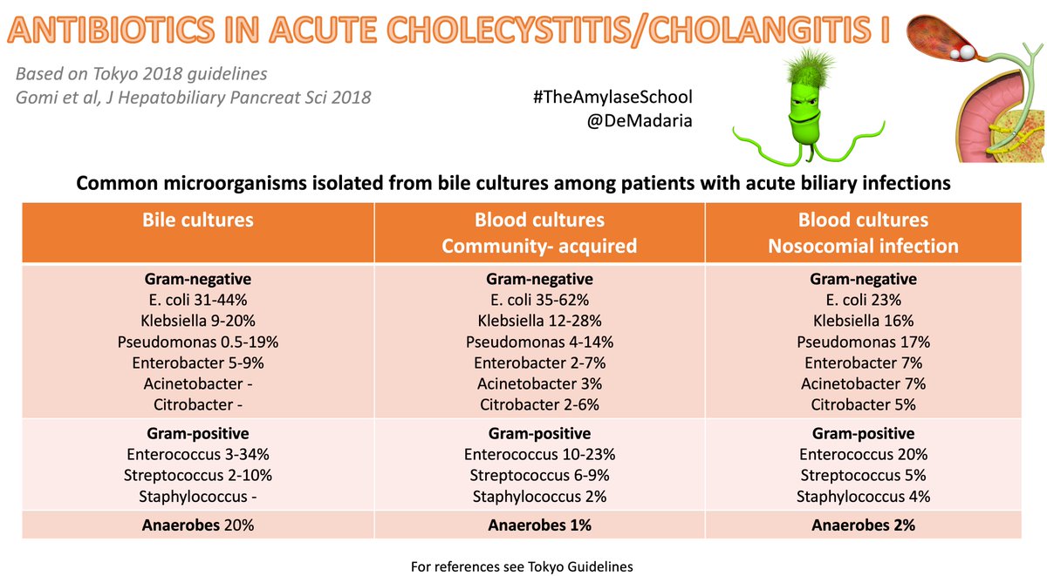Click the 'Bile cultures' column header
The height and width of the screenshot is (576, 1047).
coord(198,220)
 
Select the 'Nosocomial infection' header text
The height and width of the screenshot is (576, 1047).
coord(863,246)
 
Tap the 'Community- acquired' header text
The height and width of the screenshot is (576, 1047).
coord(539,246)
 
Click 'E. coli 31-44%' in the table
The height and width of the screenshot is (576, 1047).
coord(198,300)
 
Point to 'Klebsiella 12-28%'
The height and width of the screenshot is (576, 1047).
coord(539,321)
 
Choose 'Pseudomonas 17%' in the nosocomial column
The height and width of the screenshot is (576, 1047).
coord(863,342)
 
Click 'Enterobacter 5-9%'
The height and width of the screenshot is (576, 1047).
coord(198,363)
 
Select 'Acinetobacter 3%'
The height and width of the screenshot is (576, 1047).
coord(539,383)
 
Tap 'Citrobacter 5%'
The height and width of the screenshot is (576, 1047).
coord(863,404)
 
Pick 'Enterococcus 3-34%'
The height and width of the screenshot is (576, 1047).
coord(198,454)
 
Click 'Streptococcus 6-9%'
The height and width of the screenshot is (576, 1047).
coord(539,475)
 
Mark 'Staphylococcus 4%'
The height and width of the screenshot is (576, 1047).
coord(863,496)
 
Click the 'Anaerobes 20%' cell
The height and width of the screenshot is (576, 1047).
coord(198,525)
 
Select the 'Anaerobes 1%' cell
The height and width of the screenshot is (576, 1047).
coord(539,525)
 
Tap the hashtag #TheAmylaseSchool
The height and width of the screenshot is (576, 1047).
coord(612,97)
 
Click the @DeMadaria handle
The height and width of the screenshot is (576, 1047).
coord(640,121)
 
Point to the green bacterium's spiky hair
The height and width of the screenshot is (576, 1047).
coord(810,70)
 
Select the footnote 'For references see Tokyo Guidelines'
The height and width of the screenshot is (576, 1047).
coord(522,566)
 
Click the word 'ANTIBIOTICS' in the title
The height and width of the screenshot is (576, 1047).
coord(111,30)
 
